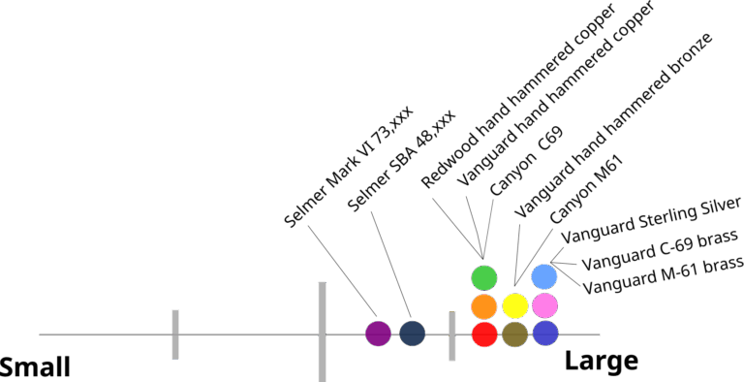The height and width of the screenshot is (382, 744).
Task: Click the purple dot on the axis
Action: (x=378, y=334)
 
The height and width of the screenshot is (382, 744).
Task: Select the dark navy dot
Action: (x=413, y=334)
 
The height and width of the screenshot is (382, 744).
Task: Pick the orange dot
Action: (x=484, y=306)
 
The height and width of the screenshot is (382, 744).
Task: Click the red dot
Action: (x=484, y=334)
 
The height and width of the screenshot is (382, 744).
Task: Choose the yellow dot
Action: (x=515, y=306)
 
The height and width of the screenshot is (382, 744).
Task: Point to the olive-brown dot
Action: (x=515, y=334)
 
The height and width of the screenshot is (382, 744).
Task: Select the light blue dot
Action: (x=544, y=277)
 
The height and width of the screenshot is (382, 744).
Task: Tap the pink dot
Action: (x=545, y=305)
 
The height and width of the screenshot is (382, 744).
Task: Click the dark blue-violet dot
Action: (x=545, y=334)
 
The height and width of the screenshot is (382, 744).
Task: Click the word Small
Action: (x=35, y=367)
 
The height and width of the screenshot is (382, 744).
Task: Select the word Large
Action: (x=602, y=362)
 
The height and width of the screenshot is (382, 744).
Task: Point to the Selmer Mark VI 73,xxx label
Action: (x=349, y=167)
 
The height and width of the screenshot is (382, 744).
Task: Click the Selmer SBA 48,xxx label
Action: (x=401, y=162)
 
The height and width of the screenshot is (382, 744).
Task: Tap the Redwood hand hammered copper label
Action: (x=519, y=95)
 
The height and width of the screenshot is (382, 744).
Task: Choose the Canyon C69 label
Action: (x=526, y=162)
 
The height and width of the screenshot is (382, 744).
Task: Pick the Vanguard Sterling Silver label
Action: (x=651, y=220)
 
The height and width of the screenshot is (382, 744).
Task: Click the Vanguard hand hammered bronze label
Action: (x=613, y=125)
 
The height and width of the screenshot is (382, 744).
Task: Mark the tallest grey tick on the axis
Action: (x=323, y=332)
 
